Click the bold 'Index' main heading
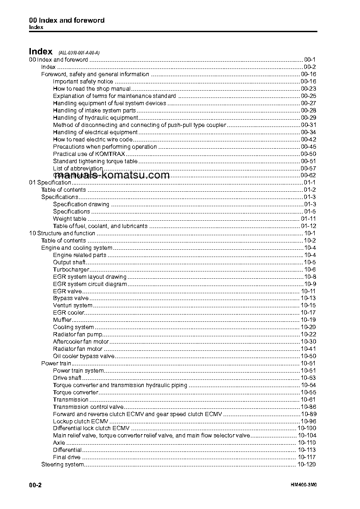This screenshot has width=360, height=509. coord(41,52)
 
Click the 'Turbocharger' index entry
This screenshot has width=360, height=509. coord(71,270)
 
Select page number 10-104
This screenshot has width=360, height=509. coord(307,436)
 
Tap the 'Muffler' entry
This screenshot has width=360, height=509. coord(63,320)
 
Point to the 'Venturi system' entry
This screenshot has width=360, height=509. coord(73,305)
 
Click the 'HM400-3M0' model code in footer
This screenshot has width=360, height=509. coord(303,485)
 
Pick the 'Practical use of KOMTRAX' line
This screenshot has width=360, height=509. coord(83,154)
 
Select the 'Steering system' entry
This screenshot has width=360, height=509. coord(63,465)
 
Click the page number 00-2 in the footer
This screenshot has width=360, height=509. coord(35,485)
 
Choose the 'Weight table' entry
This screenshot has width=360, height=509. coord(70,219)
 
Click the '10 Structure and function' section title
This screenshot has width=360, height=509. coord(62,233)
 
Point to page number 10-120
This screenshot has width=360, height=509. coord(307,465)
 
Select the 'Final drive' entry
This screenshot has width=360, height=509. coord(67,457)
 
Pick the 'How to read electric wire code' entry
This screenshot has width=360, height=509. coord(92,140)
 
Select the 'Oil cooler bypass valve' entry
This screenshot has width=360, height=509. coord(84,356)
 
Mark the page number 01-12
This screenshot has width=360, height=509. coord(309,226)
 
